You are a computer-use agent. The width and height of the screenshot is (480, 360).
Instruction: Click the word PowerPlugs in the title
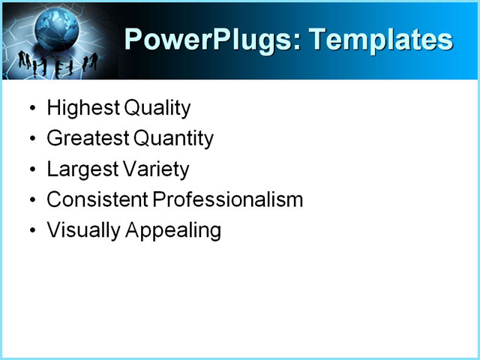tap(208, 39)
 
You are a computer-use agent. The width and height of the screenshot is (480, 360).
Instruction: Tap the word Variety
tap(156, 169)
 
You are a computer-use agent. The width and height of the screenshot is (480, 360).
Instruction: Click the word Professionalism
tap(227, 200)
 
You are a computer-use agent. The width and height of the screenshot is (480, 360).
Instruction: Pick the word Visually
tap(83, 231)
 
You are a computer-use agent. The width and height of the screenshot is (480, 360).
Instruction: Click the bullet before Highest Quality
tap(31, 109)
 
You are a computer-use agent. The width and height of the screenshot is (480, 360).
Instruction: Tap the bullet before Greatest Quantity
tap(31, 139)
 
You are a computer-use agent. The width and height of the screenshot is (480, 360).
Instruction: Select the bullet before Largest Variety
tap(31, 170)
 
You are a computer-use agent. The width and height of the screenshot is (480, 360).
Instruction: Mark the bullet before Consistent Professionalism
tap(31, 201)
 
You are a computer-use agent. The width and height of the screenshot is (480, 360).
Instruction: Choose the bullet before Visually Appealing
tap(31, 232)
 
